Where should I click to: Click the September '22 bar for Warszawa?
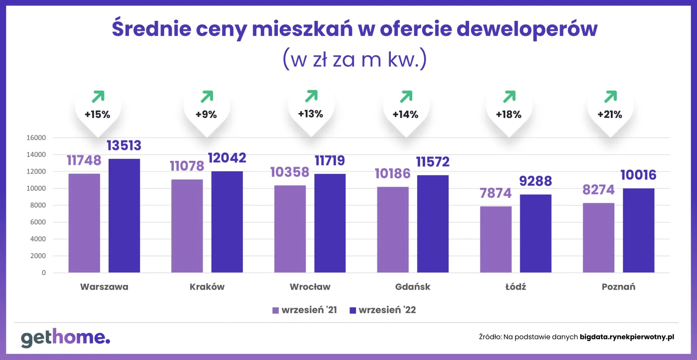coord(124,216)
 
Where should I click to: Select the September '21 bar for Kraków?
coord(187,226)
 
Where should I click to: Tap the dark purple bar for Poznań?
coord(639,231)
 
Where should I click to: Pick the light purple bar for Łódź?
coord(496,240)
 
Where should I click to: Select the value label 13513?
coord(124,145)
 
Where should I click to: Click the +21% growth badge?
coord(610,114)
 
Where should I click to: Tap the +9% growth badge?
coord(206,114)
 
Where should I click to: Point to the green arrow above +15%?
coord(98,96)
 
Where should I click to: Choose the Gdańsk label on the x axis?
coord(412,287)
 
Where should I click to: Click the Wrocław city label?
coord(310,287)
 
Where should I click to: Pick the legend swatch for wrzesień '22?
coord(352,310)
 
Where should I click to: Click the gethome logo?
coord(65,338)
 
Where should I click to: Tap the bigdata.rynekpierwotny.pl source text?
coord(627,337)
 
